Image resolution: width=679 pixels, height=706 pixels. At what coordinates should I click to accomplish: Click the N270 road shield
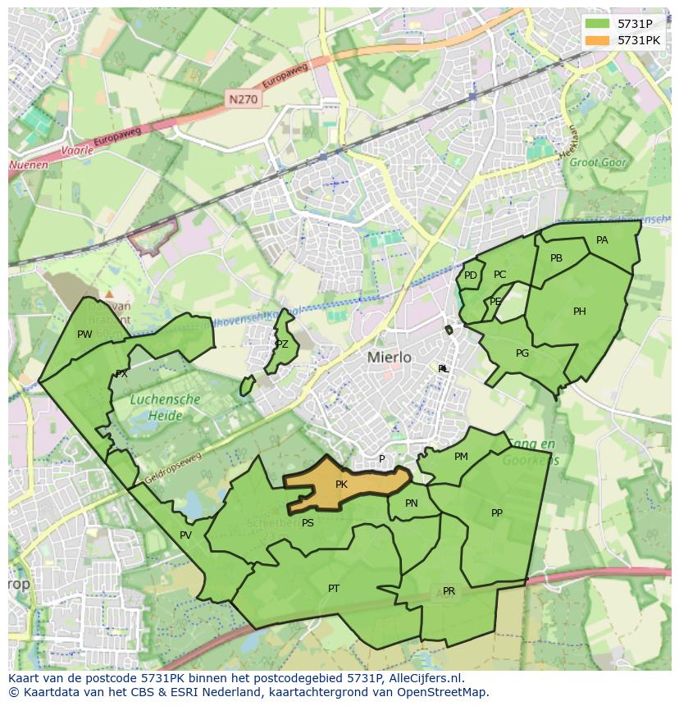243,99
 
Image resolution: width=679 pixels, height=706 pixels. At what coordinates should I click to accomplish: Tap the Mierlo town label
390,358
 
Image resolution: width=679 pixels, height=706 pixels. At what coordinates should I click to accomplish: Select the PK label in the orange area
341,485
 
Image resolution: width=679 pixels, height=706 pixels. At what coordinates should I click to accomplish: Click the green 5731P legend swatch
598,24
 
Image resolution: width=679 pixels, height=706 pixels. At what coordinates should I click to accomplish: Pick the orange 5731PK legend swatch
598,39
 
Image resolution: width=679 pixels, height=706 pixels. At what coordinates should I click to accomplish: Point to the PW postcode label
84,334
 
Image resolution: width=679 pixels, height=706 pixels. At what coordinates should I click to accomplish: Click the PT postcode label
334,589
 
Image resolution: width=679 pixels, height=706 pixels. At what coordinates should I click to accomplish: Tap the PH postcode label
580,312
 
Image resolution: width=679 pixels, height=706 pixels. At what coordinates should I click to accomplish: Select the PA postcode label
602,240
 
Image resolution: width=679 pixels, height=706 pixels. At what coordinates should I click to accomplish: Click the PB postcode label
556,258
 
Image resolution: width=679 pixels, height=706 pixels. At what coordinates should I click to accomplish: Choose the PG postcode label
522,353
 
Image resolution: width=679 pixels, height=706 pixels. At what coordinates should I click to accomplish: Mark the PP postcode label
497,513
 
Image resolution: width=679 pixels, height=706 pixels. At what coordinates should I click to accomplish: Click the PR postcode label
449,591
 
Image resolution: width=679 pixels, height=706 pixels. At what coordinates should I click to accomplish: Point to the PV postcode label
185,535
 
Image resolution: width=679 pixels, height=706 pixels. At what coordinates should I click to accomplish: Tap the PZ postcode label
282,344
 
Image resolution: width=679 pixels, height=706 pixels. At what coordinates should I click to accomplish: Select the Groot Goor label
598,162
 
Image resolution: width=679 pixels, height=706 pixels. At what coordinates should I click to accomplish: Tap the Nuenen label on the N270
29,165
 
